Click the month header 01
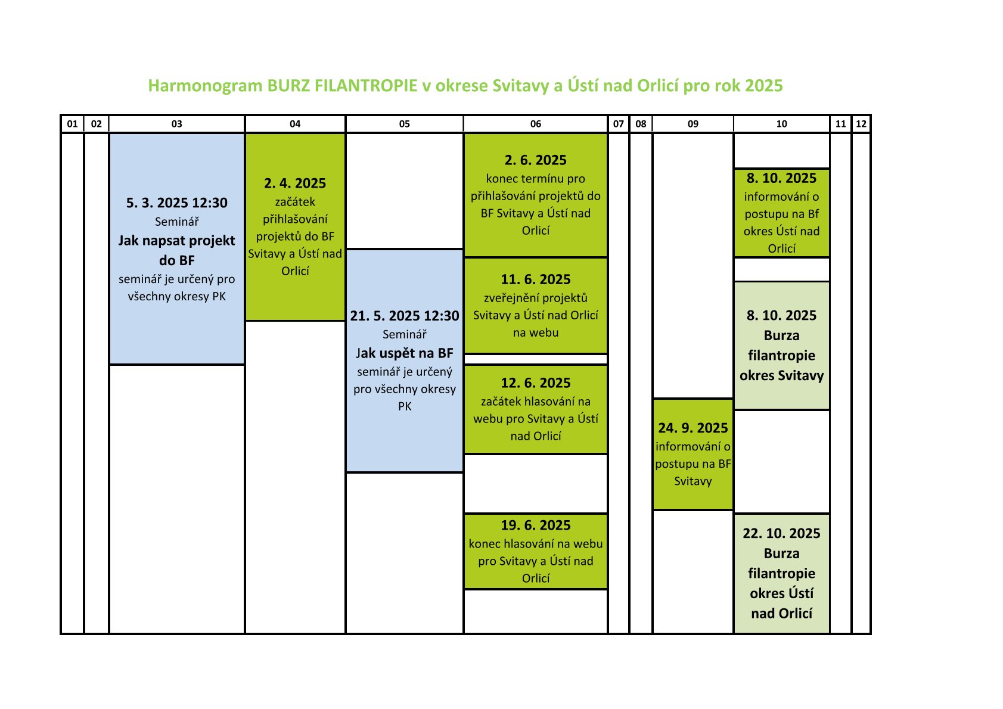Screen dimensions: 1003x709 (x=72, y=124)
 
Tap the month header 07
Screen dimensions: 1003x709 (x=619, y=124)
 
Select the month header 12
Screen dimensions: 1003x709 (x=861, y=124)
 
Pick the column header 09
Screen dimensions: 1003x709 (x=693, y=124)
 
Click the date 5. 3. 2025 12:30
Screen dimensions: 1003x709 (x=177, y=203)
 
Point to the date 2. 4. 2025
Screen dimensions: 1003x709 (x=295, y=183)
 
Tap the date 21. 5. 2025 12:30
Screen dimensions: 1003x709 (x=404, y=316)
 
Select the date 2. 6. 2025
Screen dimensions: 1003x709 (x=536, y=160)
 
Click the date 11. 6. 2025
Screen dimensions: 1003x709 (x=536, y=279)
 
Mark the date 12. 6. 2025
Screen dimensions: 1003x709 (x=536, y=383)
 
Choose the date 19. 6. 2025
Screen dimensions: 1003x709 (x=536, y=525)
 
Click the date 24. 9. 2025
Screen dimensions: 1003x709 (x=693, y=428)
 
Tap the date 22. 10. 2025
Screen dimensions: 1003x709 (x=781, y=533)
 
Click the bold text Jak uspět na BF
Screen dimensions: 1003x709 (x=404, y=353)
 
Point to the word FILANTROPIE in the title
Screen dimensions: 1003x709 (x=365, y=85)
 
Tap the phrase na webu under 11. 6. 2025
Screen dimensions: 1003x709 (x=536, y=332)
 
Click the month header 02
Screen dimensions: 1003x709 (x=97, y=124)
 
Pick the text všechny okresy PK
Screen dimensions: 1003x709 (x=177, y=296)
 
